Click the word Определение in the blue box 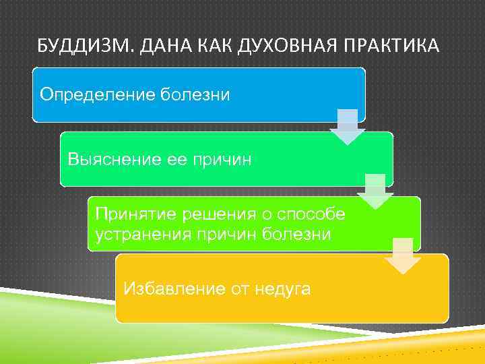point(98,94)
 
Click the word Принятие point(129,214)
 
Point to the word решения point(211,214)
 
